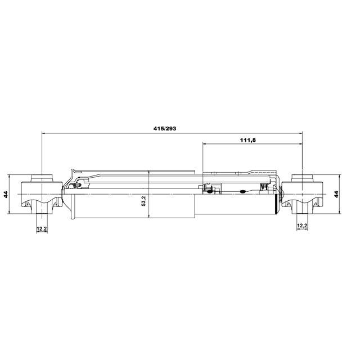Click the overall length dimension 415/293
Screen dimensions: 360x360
click(165, 129)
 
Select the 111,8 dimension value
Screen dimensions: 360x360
click(247, 140)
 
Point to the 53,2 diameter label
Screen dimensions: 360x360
click(144, 200)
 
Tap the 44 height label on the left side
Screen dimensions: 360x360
click(6, 194)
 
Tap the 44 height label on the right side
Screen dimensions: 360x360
click(336, 194)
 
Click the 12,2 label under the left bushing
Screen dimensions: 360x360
click(42, 229)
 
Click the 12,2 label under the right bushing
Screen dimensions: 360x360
click(302, 226)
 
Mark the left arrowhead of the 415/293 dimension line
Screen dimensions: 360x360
click(44, 133)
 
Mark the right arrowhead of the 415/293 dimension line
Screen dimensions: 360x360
click(300, 133)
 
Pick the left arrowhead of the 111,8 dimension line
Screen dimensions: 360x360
click(204, 144)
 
